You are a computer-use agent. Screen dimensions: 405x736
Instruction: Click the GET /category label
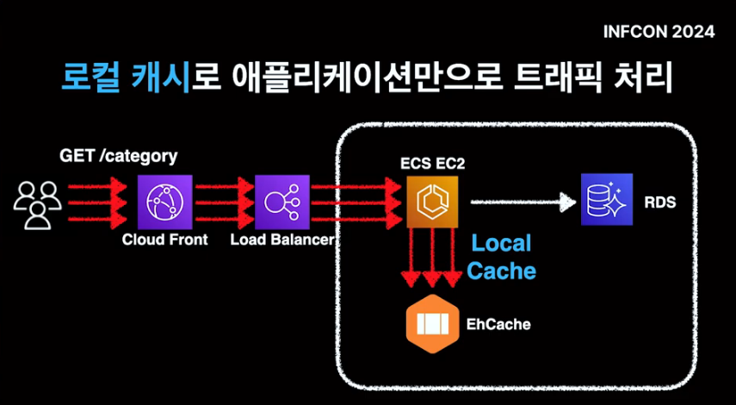[118, 156]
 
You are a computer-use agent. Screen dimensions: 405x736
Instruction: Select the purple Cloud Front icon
[164, 200]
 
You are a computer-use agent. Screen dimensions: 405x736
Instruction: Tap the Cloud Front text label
[164, 240]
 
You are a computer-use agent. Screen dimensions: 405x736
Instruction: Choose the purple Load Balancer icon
[281, 200]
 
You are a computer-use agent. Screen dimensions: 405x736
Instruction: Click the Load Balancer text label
[281, 240]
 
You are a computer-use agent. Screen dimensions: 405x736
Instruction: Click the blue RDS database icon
[606, 199]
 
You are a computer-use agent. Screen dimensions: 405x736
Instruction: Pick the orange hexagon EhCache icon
[430, 325]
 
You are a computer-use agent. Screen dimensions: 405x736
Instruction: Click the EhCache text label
[498, 325]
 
